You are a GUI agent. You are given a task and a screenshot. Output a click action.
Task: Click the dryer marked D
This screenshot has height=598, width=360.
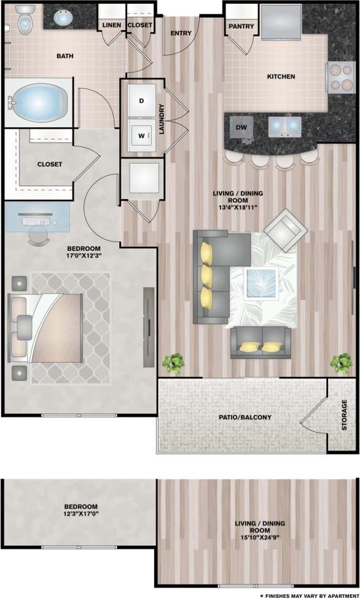point(141,100)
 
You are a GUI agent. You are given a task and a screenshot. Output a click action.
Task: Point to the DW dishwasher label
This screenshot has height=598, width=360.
point(240,128)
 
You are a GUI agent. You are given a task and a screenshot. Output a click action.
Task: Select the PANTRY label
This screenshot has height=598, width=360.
point(237,27)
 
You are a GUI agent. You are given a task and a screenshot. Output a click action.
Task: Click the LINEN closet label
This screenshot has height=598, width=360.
point(111,25)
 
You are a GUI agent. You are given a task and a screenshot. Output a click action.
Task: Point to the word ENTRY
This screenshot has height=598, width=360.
point(181,33)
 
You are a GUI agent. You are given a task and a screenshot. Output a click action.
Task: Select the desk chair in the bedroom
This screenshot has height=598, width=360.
point(39,234)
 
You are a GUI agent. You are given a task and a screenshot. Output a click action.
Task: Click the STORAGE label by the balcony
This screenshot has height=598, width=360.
point(345,415)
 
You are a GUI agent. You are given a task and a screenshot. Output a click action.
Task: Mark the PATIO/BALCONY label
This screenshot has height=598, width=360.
point(245,417)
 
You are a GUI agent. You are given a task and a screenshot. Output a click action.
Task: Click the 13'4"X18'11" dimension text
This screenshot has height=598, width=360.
point(237,208)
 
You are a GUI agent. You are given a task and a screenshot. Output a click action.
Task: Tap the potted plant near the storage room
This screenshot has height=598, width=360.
point(340,363)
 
